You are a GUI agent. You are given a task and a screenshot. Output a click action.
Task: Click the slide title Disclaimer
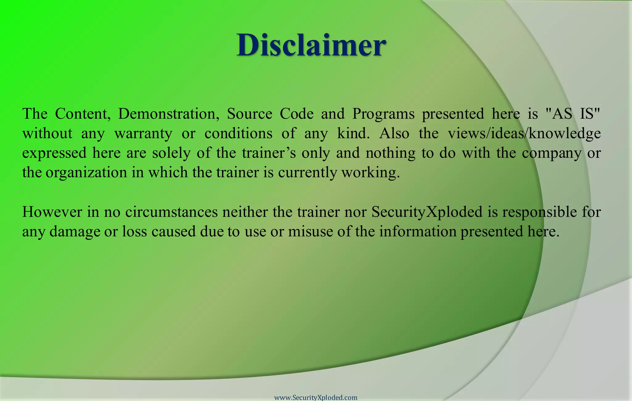(x=311, y=45)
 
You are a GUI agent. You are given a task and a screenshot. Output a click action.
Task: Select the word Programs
(x=384, y=114)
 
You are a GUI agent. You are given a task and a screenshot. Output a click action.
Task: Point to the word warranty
(x=143, y=134)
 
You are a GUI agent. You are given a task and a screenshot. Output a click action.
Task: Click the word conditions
(x=238, y=134)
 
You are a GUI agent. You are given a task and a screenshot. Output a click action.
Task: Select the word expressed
(x=54, y=153)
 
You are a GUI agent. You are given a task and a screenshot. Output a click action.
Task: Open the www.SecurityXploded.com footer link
(x=316, y=398)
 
